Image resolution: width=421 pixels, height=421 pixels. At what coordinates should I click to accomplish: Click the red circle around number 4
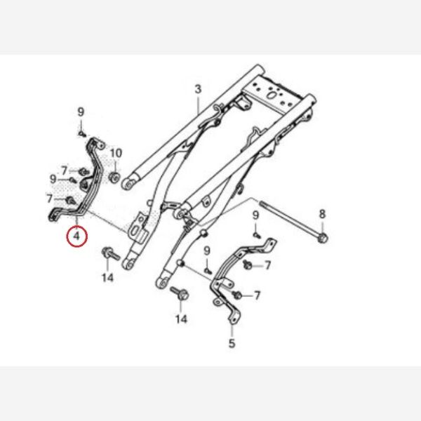[76, 236]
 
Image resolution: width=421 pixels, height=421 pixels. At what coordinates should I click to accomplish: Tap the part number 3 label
[198, 89]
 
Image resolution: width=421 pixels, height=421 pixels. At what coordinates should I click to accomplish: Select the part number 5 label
[232, 343]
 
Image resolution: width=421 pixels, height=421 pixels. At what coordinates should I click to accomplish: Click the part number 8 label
[322, 214]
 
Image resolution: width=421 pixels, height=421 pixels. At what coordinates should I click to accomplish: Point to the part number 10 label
[116, 153]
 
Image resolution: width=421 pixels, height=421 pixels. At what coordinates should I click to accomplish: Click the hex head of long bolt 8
[323, 238]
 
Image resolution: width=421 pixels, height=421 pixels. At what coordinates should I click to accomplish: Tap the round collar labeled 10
[115, 178]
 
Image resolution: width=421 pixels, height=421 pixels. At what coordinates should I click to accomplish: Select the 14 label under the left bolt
[107, 277]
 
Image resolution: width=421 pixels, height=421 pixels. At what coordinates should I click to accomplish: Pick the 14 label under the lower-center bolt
[181, 319]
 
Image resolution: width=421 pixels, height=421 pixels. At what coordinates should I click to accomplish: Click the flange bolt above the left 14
[111, 253]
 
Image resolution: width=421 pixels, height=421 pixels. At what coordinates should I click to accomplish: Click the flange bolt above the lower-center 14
[180, 293]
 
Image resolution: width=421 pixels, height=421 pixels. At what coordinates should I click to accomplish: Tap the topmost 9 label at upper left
[81, 112]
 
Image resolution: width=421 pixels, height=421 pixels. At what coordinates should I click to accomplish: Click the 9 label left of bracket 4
[53, 179]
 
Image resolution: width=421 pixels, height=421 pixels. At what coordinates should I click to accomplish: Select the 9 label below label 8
[255, 215]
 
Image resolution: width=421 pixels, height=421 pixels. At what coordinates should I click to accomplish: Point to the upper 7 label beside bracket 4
[64, 171]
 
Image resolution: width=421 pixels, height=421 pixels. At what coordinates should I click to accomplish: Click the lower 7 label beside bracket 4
[49, 199]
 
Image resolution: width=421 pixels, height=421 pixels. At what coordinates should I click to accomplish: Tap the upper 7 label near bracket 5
[267, 265]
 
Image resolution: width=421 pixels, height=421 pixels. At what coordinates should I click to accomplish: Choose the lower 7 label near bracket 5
[257, 295]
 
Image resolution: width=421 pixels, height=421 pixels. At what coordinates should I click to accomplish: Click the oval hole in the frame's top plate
[272, 95]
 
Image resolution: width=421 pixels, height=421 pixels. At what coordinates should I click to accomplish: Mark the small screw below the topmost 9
[82, 133]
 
